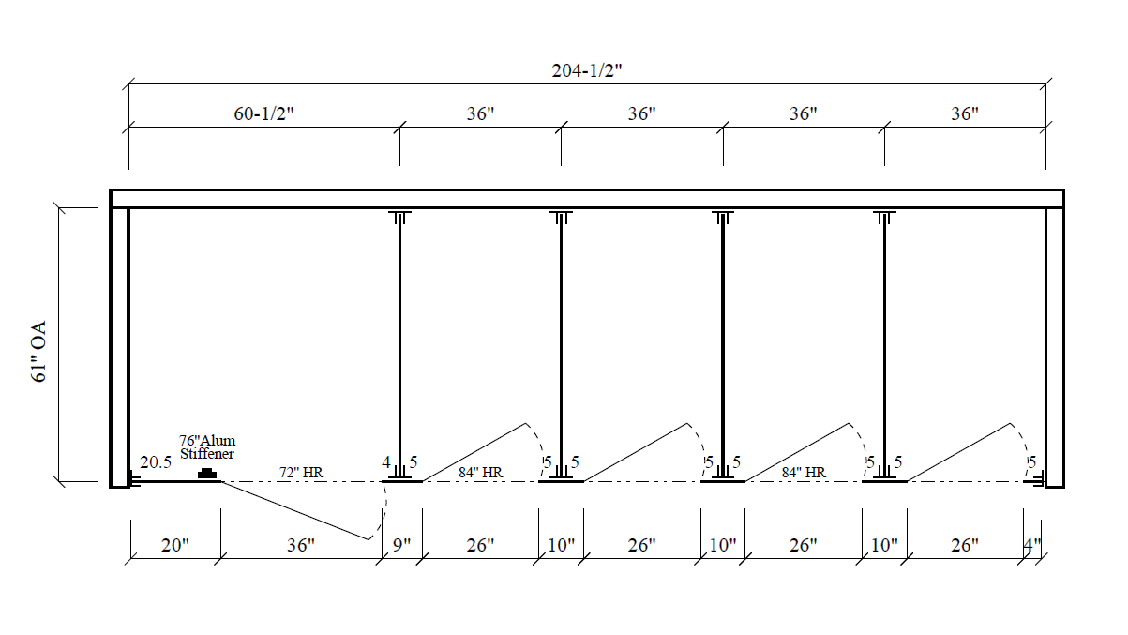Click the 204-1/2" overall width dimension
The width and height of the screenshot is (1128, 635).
[586, 71]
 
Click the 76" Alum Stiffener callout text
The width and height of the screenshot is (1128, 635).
[207, 446]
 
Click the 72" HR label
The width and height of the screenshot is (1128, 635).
[301, 473]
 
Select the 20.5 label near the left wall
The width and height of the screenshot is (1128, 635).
[156, 462]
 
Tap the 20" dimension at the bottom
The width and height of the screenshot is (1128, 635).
[174, 545]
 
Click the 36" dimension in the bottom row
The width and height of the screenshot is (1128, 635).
[301, 545]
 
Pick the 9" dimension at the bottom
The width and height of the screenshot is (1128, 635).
[402, 545]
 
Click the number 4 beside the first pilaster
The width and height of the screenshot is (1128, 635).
[385, 461]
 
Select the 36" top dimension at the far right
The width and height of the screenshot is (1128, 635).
[964, 113]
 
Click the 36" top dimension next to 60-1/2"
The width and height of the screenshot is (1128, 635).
[480, 113]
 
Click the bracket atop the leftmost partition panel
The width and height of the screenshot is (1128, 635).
[399, 219]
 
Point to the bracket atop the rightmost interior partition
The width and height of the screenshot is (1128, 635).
[883, 219]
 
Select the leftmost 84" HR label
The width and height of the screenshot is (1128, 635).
[481, 473]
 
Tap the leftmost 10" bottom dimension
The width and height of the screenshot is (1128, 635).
[562, 545]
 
